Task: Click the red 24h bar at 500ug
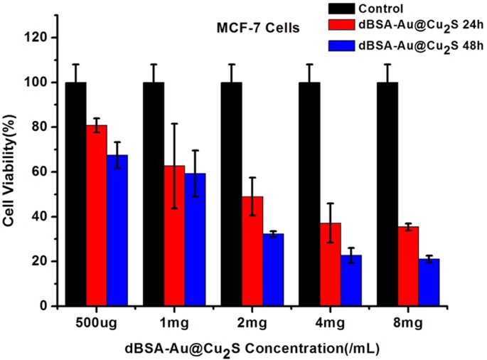pyautogui.click(x=97, y=216)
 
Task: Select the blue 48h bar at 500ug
pyautogui.click(x=117, y=231)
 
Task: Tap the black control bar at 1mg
pyautogui.click(x=154, y=194)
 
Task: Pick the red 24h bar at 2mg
pyautogui.click(x=252, y=252)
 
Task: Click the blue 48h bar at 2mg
pyautogui.click(x=273, y=270)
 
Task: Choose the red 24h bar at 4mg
pyautogui.click(x=331, y=265)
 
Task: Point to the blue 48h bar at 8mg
pyautogui.click(x=429, y=282)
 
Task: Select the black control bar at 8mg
pyautogui.click(x=387, y=194)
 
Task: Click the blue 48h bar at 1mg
pyautogui.click(x=196, y=240)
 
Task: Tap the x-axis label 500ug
pyautogui.click(x=97, y=323)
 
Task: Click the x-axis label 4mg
pyautogui.click(x=330, y=323)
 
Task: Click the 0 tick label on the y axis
pyautogui.click(x=45, y=306)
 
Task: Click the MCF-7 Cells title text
pyautogui.click(x=258, y=28)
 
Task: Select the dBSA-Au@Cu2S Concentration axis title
pyautogui.click(x=252, y=349)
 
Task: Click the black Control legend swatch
pyautogui.click(x=341, y=9)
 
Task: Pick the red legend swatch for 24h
pyautogui.click(x=341, y=25)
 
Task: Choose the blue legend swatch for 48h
pyautogui.click(x=341, y=46)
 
